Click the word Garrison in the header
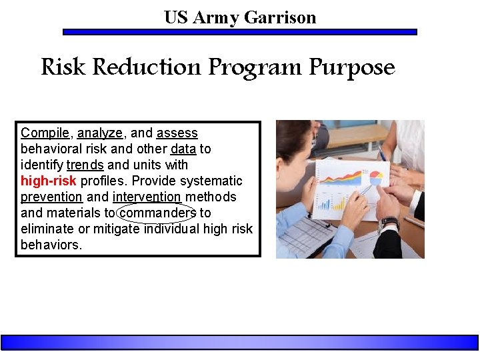coord(280,17)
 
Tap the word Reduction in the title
coord(147,67)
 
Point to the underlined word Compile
coord(45,133)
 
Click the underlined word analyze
coord(100,133)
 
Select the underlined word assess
coord(177,133)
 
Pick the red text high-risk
coord(49,181)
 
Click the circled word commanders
coord(157,213)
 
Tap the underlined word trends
coord(85,165)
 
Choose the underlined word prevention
coord(51,197)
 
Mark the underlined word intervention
coord(147,197)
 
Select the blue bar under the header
coord(240,31)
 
